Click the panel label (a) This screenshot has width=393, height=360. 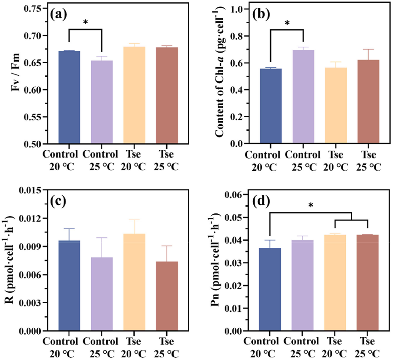coord(59,14)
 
